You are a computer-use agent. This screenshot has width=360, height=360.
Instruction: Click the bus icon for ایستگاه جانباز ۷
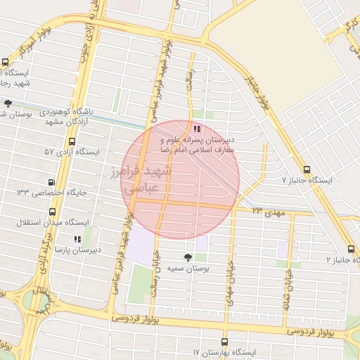coord(307,169)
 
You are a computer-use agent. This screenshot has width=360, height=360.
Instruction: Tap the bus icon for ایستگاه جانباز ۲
coord(351,249)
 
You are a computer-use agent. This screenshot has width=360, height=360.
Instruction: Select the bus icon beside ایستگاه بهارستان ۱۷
coord(195,351)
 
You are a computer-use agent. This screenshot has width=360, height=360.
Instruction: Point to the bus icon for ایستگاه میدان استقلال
coord(53,212)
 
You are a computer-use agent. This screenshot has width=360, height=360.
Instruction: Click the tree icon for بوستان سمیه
coord(187,257)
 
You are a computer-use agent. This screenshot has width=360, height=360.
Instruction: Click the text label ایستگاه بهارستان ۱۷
coord(229,351)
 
